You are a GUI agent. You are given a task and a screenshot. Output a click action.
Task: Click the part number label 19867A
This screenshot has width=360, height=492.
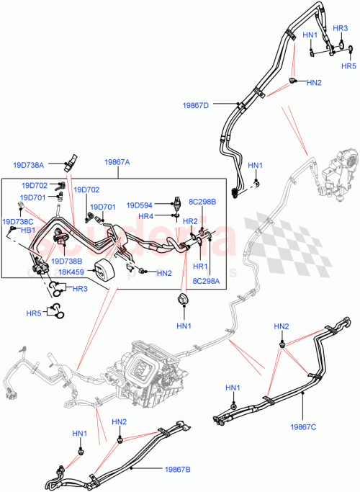(117, 164)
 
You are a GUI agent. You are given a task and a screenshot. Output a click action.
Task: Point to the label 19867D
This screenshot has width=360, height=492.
(195, 106)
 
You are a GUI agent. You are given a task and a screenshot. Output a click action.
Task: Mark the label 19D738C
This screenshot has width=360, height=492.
(18, 222)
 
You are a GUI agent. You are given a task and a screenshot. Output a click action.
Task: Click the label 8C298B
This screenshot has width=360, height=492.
(202, 202)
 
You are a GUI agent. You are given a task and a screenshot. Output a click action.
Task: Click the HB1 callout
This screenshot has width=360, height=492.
(27, 231)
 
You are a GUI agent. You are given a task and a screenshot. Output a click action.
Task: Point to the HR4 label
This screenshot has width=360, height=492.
(145, 216)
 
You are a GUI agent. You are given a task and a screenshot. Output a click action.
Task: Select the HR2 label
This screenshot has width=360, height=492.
(190, 221)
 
